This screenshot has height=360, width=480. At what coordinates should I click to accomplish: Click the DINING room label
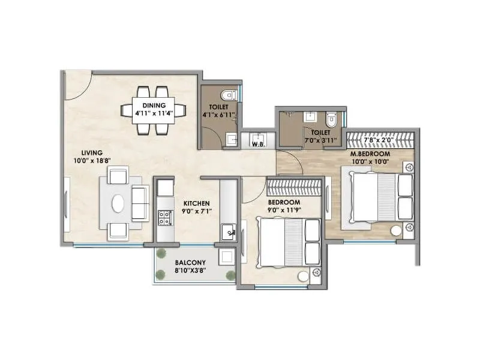pos(154,104)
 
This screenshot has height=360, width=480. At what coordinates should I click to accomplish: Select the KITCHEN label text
pos(196,203)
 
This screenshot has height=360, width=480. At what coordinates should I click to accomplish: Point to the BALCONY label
pos(191,263)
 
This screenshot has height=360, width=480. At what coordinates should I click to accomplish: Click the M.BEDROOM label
pos(370,154)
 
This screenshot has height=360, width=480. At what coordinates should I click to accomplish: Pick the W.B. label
pos(259,144)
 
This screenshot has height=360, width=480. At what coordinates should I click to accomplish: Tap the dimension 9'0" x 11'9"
pos(284,211)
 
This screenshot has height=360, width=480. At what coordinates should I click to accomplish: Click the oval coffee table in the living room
pos(118,203)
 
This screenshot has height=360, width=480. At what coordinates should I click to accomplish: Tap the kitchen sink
pos(227,232)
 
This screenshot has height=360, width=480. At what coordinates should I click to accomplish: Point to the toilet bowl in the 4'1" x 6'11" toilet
pos(227,96)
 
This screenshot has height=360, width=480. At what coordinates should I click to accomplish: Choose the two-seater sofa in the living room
pos(140,203)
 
